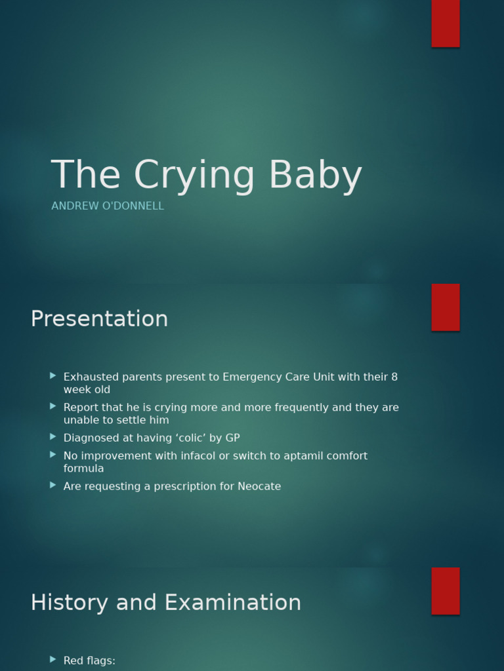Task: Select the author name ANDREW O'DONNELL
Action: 108,206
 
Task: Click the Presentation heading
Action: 99,318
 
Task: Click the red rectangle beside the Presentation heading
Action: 446,307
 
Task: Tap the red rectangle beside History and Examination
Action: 446,590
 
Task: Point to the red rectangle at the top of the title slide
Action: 446,23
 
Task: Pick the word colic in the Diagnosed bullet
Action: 190,438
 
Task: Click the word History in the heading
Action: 70,602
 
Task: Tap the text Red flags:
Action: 89,661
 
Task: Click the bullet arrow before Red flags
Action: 53,660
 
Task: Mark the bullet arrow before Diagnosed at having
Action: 53,437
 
